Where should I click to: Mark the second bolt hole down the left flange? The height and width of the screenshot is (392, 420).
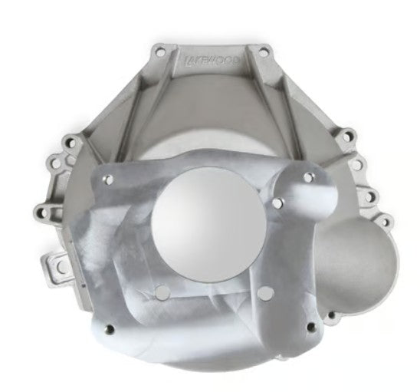[x=55, y=162]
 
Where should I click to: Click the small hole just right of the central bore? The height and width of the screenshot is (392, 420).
[x=277, y=203]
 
